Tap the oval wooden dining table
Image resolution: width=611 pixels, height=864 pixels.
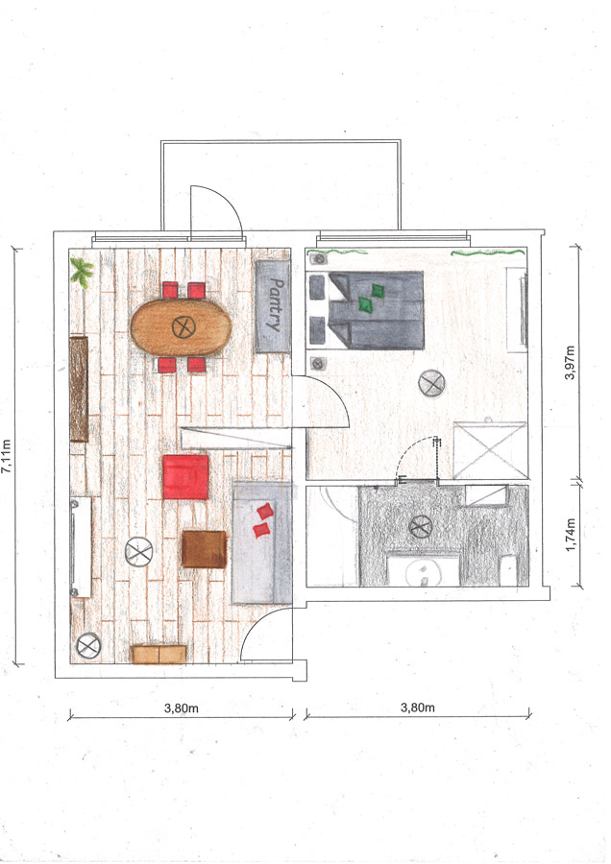tap(181, 327)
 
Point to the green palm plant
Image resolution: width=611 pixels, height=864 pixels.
tap(83, 273)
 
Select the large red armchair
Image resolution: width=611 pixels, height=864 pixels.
tap(185, 477)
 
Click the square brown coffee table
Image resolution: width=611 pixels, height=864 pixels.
tap(204, 549)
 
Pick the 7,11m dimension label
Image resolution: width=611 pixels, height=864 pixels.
tap(7, 456)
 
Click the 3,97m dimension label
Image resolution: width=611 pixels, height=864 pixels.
tap(570, 363)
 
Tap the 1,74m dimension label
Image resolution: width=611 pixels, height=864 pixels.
tap(571, 535)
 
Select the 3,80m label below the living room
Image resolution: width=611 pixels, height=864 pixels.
tap(181, 708)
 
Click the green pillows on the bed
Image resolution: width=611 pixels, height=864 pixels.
tap(371, 298)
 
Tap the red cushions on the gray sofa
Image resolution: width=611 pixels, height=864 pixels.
tap(263, 520)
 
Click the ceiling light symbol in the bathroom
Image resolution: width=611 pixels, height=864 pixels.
tap(421, 527)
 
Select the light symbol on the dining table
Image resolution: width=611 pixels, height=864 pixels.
tap(183, 327)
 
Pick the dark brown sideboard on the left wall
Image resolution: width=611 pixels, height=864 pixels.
tap(79, 389)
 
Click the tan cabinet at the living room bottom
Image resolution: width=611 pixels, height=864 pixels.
tap(159, 654)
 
